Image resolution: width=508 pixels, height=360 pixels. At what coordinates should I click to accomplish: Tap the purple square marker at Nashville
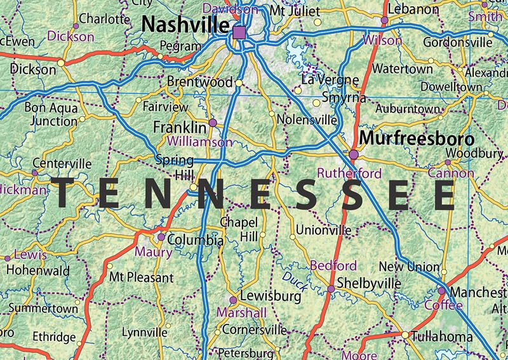[x=239, y=32]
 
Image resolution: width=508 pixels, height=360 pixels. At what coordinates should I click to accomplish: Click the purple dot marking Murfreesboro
[x=354, y=154]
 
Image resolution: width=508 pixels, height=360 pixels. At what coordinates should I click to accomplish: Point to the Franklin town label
[x=180, y=127]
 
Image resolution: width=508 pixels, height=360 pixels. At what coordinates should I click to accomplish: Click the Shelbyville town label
[x=369, y=282]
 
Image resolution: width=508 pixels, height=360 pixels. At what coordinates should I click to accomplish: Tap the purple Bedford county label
[x=333, y=265]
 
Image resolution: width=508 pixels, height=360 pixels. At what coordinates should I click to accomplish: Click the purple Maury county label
[x=154, y=252]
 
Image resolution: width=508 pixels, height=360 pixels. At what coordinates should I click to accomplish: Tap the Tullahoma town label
[x=441, y=336]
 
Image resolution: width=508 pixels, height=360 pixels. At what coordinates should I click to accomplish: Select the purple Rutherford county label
[x=349, y=173]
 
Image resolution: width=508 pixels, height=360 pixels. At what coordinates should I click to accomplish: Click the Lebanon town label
[x=413, y=10]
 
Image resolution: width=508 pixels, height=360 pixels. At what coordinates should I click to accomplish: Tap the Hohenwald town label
[x=37, y=270]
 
